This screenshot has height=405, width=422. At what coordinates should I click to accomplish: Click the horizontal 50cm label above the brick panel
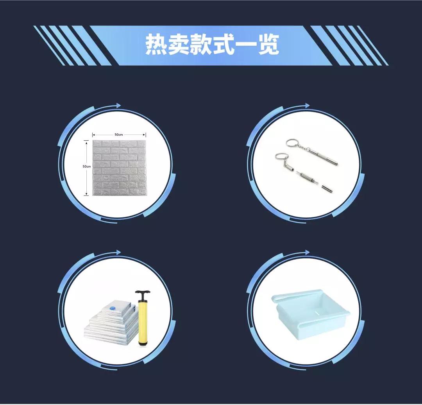(x=119, y=134)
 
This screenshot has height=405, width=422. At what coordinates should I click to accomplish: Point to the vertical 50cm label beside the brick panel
(x=86, y=166)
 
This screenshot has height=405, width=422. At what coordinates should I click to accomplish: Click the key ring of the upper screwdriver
(x=291, y=143)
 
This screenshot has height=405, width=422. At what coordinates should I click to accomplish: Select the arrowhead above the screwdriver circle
(x=307, y=106)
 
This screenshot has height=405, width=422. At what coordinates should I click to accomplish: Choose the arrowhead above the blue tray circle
(x=307, y=253)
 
